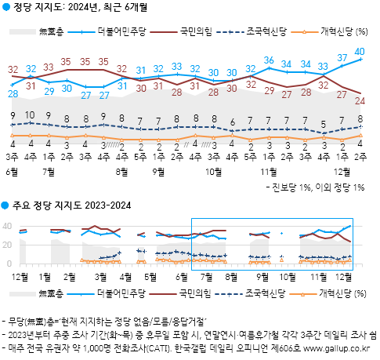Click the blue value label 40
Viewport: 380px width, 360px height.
[x=360, y=51]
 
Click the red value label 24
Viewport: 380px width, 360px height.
[x=360, y=100]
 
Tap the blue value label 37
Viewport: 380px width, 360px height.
[x=342, y=57]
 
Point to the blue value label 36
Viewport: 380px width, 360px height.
[x=269, y=60]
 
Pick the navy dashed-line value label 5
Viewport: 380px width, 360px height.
[x=324, y=123]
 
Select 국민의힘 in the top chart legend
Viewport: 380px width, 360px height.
[x=195, y=31]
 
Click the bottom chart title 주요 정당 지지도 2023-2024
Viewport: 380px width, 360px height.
[x=71, y=206]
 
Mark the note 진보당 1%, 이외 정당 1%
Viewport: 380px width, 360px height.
[x=317, y=187]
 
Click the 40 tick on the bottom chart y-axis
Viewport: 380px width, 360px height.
[x=9, y=227]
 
